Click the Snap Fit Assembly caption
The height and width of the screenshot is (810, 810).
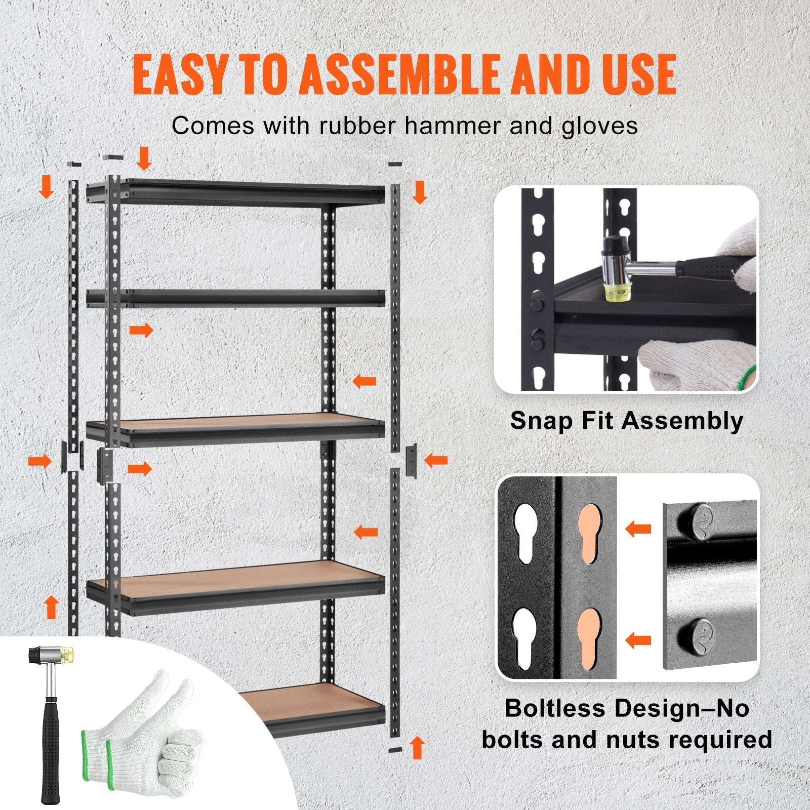pyautogui.click(x=627, y=420)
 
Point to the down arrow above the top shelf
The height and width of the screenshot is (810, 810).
pyautogui.click(x=145, y=158)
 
